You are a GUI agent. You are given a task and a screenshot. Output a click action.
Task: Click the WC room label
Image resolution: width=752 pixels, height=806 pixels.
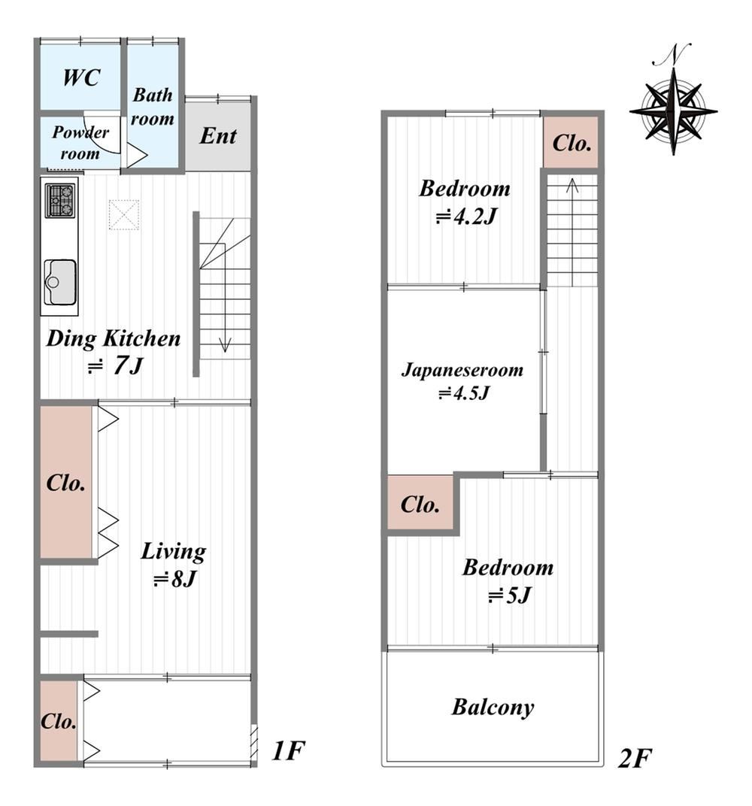click(81, 77)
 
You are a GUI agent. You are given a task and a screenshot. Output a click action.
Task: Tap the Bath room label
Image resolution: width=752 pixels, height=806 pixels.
click(152, 107)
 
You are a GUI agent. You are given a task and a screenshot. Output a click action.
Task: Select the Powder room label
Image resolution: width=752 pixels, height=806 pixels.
click(80, 142)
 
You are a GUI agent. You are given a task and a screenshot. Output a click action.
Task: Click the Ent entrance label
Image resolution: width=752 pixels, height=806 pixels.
click(218, 135)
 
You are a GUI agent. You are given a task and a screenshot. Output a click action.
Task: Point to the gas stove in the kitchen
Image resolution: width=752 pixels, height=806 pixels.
click(61, 200)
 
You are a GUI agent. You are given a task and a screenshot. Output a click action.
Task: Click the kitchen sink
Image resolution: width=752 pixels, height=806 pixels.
click(60, 282)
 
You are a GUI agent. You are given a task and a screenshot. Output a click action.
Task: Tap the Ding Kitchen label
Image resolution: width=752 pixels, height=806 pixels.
click(114, 339)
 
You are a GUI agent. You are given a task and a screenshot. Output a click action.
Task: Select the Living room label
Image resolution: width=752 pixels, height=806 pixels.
click(173, 552)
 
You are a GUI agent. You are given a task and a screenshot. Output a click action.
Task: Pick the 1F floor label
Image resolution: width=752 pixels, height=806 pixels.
click(288, 750)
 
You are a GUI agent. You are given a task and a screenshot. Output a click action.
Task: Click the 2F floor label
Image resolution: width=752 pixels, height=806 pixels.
click(635, 758)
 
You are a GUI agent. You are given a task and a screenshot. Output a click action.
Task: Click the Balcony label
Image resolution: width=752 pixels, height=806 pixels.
click(493, 708)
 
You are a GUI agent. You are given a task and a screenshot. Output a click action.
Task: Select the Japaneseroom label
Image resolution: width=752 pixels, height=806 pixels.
click(462, 370)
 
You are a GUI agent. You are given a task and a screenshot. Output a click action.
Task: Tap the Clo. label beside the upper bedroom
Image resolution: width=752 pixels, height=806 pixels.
click(572, 143)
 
